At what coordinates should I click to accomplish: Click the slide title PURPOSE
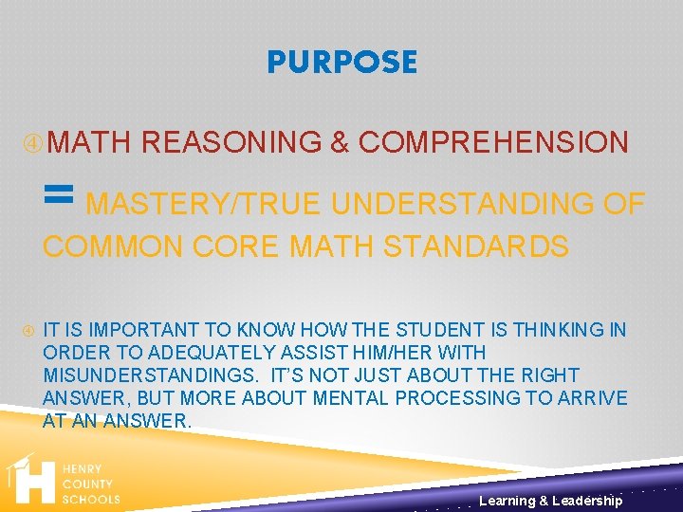click(341, 63)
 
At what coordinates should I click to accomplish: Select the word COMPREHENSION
click(493, 142)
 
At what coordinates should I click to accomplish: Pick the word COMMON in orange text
click(114, 247)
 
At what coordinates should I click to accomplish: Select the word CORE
click(236, 247)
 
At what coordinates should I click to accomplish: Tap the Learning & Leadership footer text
click(550, 501)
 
